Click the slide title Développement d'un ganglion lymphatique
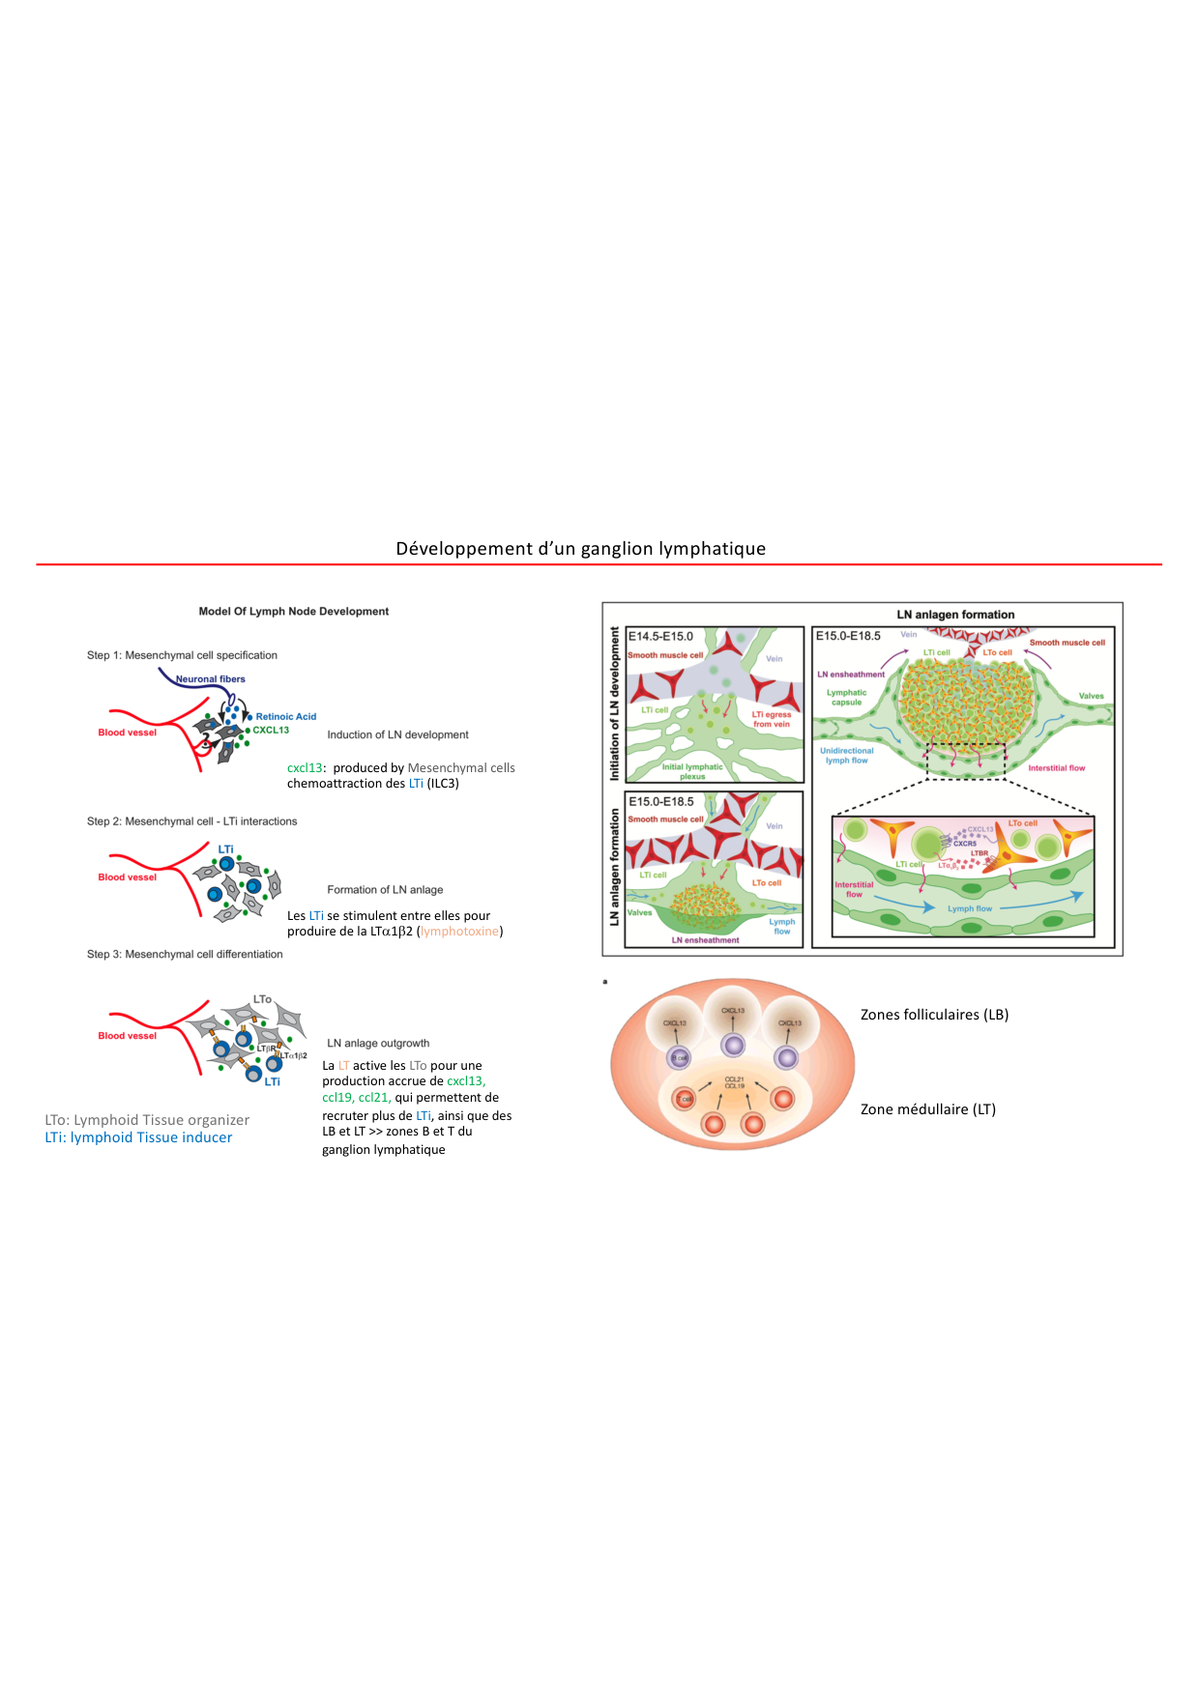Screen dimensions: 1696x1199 tap(580, 549)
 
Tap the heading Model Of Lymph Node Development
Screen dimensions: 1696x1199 tap(293, 612)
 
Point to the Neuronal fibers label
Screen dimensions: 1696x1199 tap(211, 679)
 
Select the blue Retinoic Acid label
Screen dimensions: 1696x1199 tap(286, 717)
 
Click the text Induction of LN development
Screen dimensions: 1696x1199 tap(397, 735)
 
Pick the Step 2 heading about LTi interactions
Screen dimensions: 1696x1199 tap(191, 821)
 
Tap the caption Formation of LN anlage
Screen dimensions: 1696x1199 tap(385, 890)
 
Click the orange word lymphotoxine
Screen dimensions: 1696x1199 tap(459, 932)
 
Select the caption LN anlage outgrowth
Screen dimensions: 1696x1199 tap(378, 1044)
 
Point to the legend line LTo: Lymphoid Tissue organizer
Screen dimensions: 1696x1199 tap(147, 1120)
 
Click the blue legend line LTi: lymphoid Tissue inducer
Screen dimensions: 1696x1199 tap(138, 1137)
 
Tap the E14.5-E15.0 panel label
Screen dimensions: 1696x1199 tap(660, 637)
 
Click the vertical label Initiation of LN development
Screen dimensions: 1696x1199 tap(614, 704)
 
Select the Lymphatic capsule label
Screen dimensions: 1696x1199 tap(846, 697)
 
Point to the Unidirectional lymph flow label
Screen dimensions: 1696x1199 tap(846, 756)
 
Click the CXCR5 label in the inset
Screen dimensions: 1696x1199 tap(964, 844)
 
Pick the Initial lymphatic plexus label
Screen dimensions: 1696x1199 tap(692, 771)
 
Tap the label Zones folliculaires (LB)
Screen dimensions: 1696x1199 tap(934, 1015)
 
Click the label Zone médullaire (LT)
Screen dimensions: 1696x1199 tap(927, 1109)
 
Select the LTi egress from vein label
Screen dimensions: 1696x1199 tap(772, 719)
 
